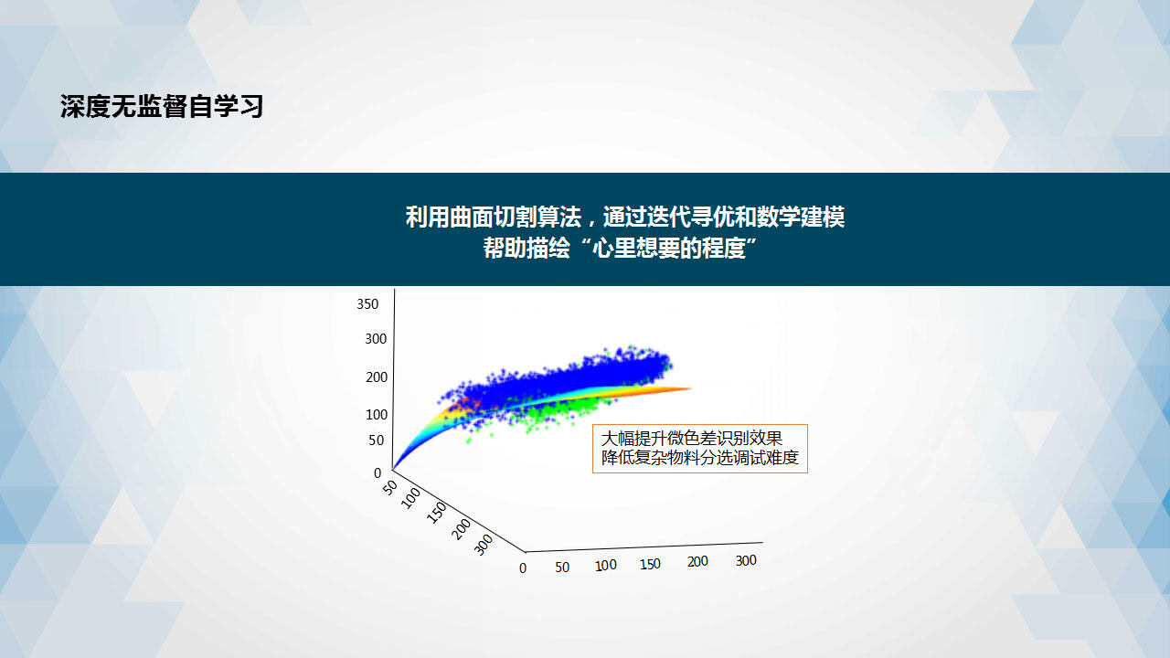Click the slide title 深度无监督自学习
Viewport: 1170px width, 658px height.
[162, 107]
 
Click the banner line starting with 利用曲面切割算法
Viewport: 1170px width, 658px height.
[625, 217]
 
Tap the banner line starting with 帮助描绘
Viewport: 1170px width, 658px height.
[620, 248]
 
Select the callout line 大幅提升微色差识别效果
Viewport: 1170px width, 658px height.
[692, 438]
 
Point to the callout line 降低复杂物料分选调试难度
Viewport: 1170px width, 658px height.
[700, 458]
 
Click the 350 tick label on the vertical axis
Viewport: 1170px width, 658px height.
[367, 304]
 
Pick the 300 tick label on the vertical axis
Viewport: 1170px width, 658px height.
[376, 339]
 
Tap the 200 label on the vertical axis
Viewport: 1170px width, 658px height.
[377, 377]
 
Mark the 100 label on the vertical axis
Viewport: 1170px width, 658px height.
[377, 415]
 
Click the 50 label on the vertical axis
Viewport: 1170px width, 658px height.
[376, 440]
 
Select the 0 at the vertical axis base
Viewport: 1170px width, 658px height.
[378, 473]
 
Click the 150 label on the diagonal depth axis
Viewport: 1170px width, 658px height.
[436, 513]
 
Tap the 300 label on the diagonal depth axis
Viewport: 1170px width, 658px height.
[484, 545]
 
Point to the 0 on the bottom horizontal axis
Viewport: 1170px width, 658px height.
[523, 568]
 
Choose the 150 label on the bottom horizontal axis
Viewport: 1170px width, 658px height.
[650, 564]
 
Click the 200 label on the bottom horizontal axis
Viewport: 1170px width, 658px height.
[697, 562]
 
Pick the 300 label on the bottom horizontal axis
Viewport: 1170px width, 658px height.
[746, 560]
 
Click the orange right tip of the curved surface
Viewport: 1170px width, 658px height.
[691, 388]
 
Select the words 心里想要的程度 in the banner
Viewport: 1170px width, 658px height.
[668, 248]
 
